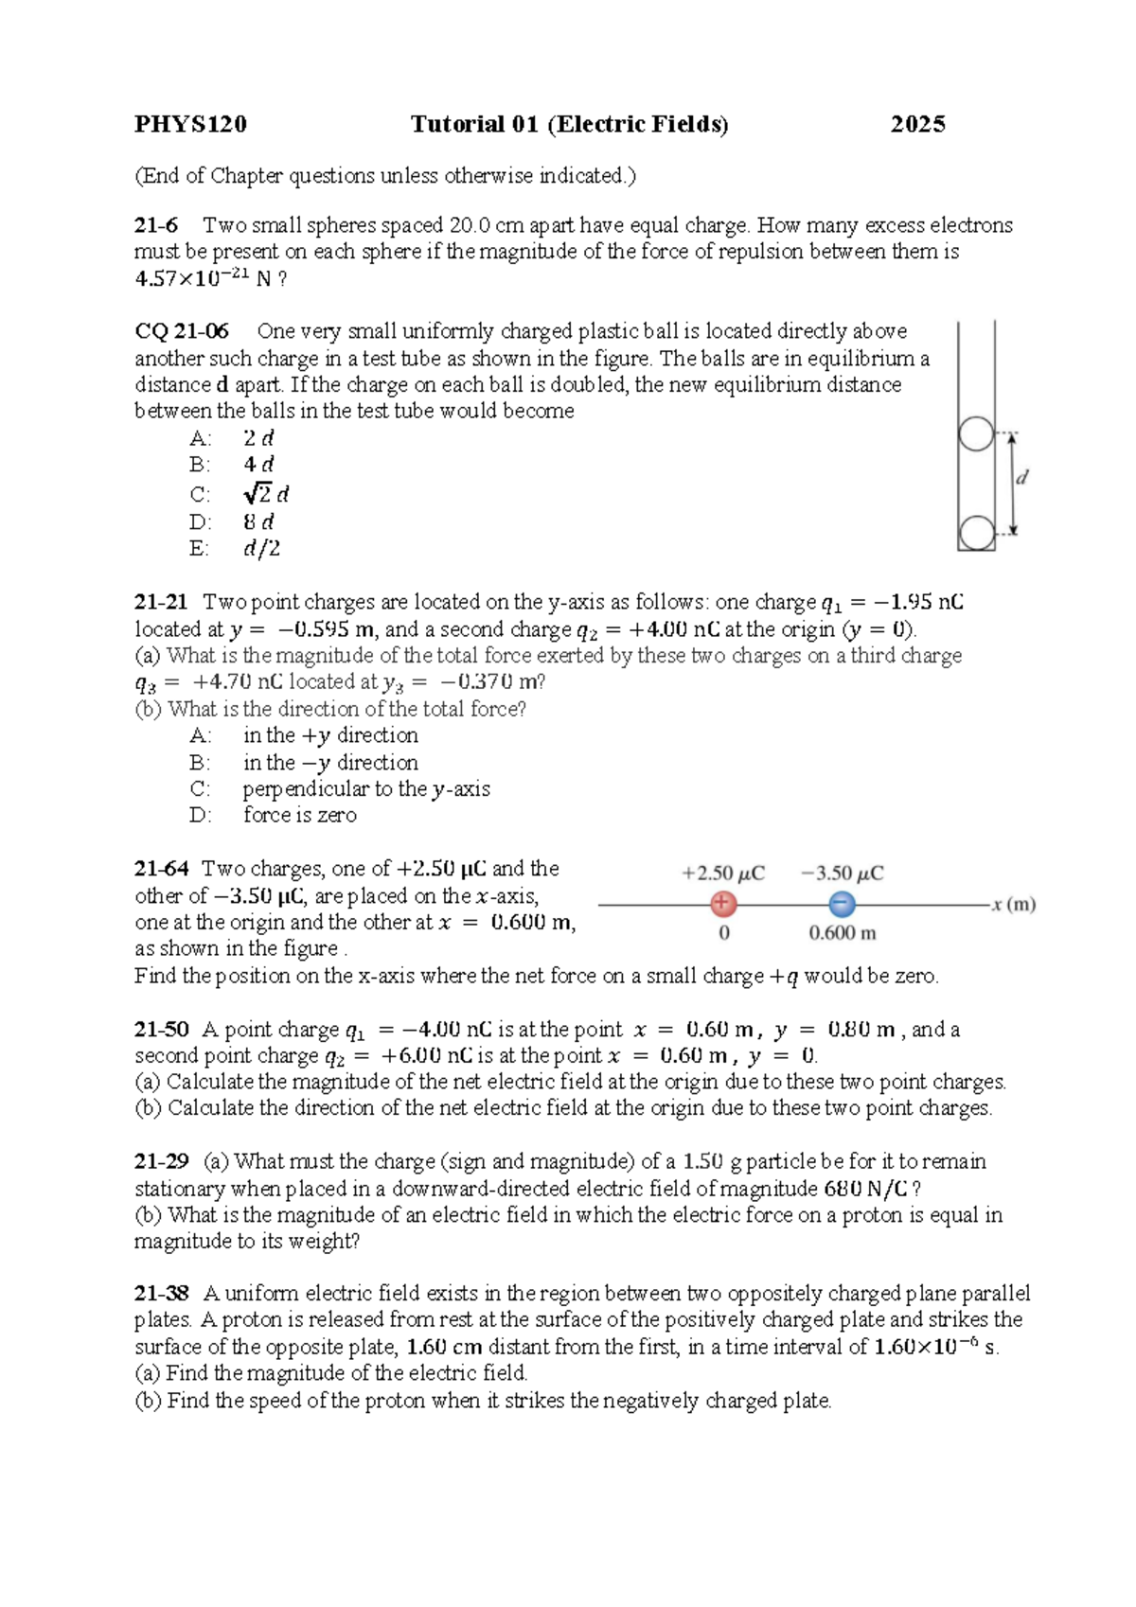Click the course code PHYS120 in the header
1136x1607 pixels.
pos(190,124)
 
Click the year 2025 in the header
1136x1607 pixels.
pos(917,124)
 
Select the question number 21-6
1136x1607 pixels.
pos(156,225)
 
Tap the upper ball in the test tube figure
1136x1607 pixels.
pos(976,434)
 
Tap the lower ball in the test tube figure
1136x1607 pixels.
pos(976,533)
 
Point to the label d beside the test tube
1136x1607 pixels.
pos(1022,478)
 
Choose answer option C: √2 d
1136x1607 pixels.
pos(265,494)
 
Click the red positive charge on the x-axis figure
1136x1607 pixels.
pos(723,904)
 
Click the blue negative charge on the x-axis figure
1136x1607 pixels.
pos(842,904)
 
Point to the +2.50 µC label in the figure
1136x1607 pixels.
pos(723,874)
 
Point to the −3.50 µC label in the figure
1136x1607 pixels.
pos(842,874)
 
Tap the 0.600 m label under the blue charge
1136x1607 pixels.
pos(842,933)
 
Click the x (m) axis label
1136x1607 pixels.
pos(1014,905)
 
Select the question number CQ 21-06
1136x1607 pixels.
pos(182,331)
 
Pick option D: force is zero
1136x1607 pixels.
pos(299,815)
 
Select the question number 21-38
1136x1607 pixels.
pos(161,1293)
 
